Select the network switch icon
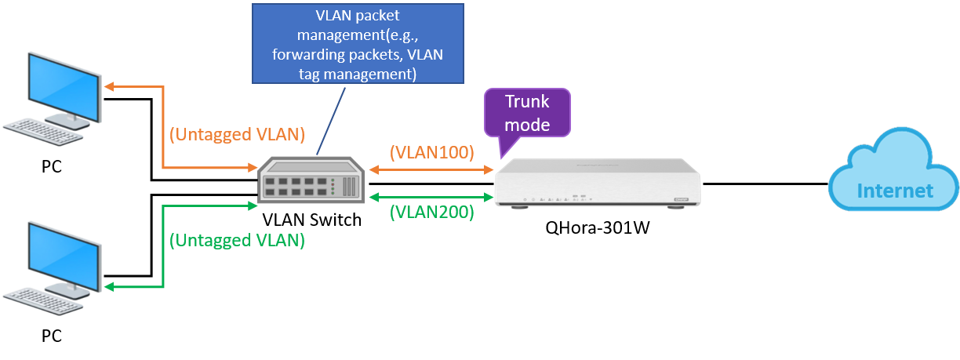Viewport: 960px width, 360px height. click(312, 180)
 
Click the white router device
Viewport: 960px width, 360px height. click(597, 182)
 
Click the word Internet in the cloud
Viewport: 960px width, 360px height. click(895, 191)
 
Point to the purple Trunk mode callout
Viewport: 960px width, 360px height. click(527, 113)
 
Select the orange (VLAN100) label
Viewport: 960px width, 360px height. click(432, 152)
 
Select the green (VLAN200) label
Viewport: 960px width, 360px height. click(432, 211)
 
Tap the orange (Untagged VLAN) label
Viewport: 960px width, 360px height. click(237, 134)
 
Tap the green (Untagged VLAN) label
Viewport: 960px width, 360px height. click(237, 240)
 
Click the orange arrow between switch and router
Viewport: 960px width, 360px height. click(431, 169)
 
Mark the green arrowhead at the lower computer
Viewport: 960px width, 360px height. click(110, 288)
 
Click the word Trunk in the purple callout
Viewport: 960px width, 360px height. click(527, 102)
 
